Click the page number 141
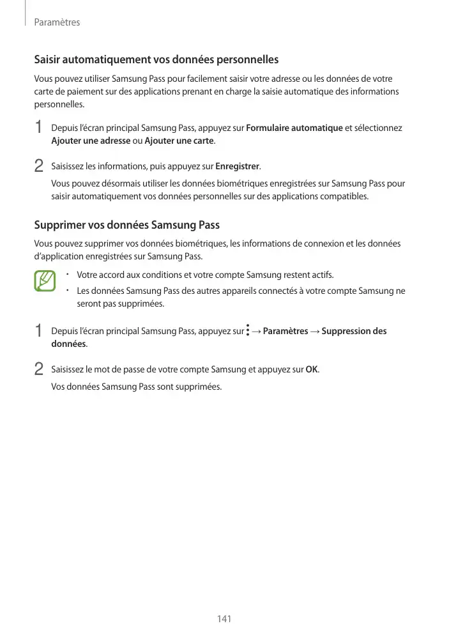pos(224,619)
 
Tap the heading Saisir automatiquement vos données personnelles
pos(156,60)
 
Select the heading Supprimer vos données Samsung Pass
pos(126,226)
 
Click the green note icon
pos(45,281)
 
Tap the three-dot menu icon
pos(248,331)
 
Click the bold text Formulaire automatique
pos(294,128)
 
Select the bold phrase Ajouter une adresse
pos(90,141)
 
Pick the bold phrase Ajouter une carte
pos(179,141)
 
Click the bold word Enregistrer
pos(238,167)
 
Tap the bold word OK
pos(312,370)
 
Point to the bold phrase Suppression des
pos(354,331)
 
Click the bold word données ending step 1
pos(68,344)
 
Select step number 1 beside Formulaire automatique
pos(39,128)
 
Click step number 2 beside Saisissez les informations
pos(39,167)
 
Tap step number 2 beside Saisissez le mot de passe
pos(39,370)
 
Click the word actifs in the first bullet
pos(321,275)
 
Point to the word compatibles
pos(345,196)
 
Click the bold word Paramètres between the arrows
pos(285,331)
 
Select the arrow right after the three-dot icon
pos(257,331)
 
